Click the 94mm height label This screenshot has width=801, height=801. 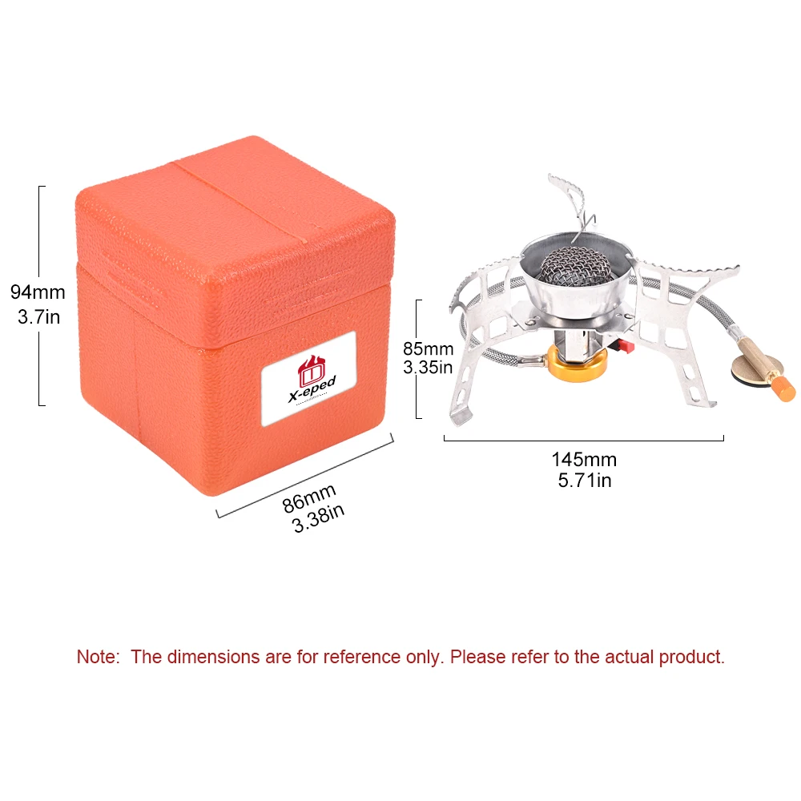point(38,292)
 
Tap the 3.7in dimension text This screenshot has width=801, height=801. point(38,317)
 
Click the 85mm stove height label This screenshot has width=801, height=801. point(428,349)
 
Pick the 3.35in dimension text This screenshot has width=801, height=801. point(428,368)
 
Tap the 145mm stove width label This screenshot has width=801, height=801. point(583,460)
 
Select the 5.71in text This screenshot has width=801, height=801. point(583,481)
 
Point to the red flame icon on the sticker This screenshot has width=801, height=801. point(310,369)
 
